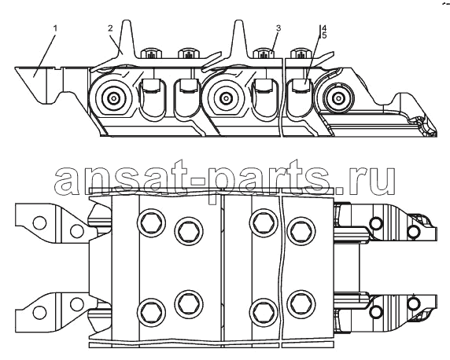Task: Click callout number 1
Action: click(x=55, y=28)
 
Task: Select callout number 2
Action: click(x=110, y=28)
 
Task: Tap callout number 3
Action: click(x=278, y=28)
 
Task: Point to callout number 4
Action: click(x=324, y=28)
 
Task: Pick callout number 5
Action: click(x=324, y=35)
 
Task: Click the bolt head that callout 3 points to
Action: click(x=264, y=53)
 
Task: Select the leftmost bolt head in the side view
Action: click(x=152, y=53)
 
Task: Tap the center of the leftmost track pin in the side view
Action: click(x=114, y=98)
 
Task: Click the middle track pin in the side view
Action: click(x=226, y=98)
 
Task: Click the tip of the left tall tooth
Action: click(x=127, y=20)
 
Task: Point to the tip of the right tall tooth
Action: click(x=239, y=20)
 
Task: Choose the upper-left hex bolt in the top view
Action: click(x=152, y=222)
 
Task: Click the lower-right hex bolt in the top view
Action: click(x=301, y=303)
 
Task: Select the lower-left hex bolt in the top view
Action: click(x=152, y=312)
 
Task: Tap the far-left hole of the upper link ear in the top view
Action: click(x=39, y=222)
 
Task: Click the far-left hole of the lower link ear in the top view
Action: click(x=39, y=312)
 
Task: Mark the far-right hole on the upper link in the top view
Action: click(x=414, y=231)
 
